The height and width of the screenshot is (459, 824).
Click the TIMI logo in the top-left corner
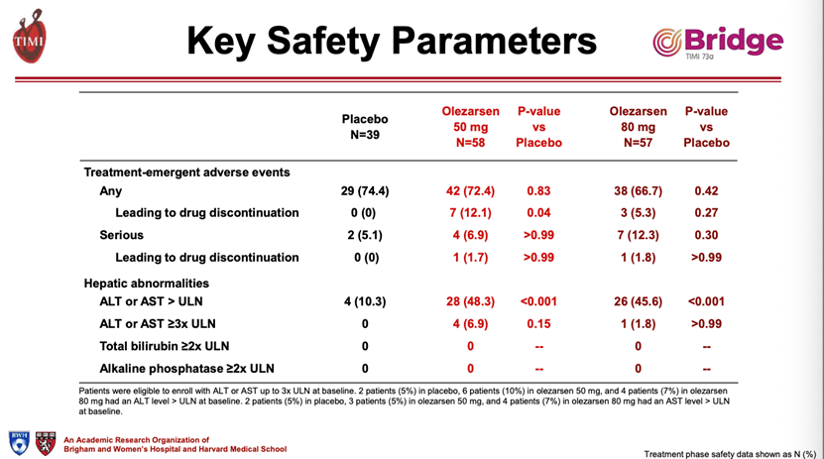(30, 37)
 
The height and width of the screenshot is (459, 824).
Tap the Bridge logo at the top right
(718, 42)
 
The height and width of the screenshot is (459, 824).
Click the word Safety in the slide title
(322, 41)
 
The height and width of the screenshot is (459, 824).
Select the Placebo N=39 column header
(365, 127)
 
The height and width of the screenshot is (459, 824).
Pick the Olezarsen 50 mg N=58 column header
(470, 127)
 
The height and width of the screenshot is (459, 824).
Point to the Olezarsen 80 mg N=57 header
(638, 127)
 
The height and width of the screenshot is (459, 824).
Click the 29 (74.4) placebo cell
(365, 190)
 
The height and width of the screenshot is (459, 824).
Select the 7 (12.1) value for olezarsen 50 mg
(470, 213)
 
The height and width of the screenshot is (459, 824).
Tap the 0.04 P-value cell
(538, 213)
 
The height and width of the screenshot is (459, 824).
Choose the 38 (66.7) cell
(638, 190)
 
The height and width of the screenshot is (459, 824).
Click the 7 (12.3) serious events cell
(638, 235)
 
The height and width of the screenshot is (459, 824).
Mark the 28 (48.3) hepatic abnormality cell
(470, 301)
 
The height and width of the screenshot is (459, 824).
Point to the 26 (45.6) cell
(638, 301)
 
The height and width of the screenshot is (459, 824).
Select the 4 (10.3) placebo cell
(365, 301)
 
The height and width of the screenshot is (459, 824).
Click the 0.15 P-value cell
(538, 323)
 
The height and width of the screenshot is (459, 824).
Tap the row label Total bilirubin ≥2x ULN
(165, 346)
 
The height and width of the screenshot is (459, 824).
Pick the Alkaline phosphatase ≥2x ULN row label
(186, 368)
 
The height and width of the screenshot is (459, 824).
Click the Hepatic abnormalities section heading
(146, 284)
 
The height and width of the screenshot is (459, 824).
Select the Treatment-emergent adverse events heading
(186, 172)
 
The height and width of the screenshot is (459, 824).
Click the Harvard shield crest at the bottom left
(46, 443)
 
